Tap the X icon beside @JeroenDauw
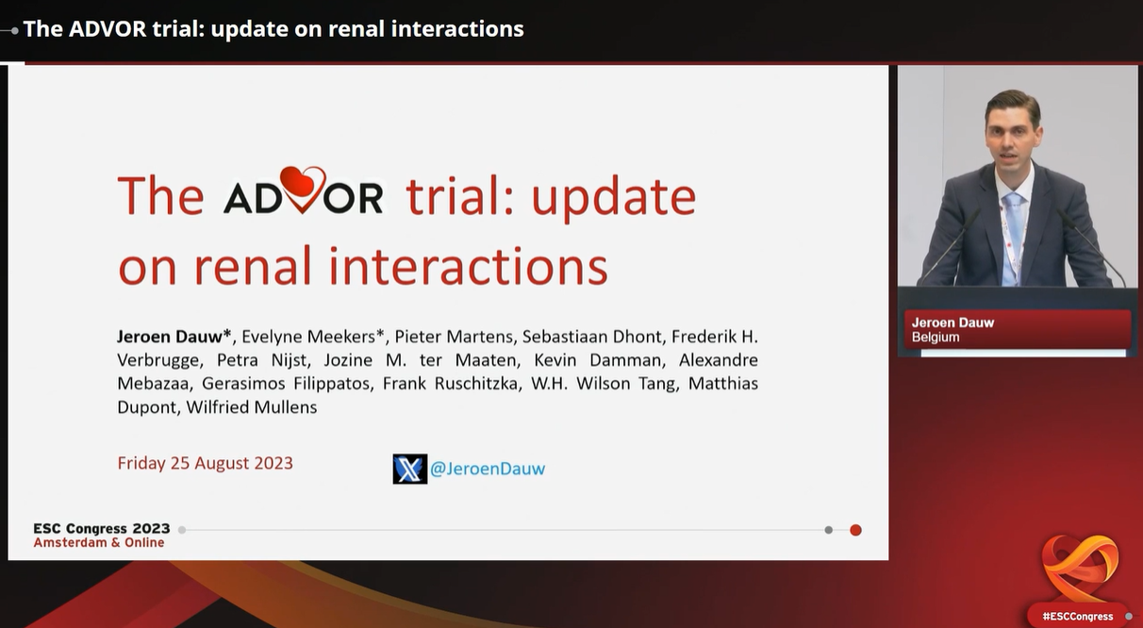point(409,469)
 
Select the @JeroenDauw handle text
point(488,469)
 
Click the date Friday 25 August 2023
point(206,463)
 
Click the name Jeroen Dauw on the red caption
point(952,322)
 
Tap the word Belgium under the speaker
point(936,338)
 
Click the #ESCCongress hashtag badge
point(1078,617)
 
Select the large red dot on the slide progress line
point(855,530)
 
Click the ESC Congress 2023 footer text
point(102,529)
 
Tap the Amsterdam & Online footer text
point(99,542)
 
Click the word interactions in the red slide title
point(469,266)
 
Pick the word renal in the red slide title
point(253,266)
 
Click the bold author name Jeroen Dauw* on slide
point(174,337)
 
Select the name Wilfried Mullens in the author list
point(252,407)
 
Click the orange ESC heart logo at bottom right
point(1080,568)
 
